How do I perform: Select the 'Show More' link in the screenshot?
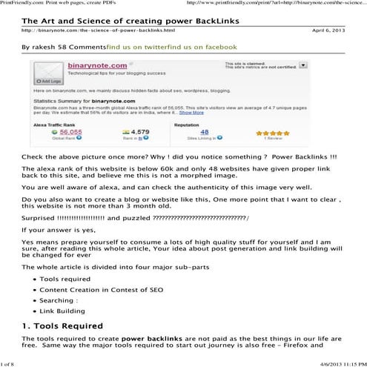(192, 113)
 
